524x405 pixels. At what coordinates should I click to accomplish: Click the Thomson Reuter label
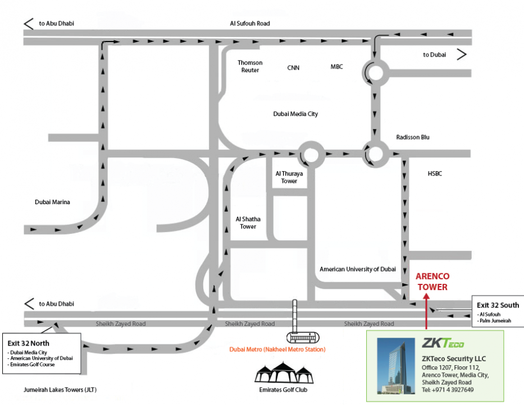click(250, 66)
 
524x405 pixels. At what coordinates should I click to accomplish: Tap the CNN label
click(293, 67)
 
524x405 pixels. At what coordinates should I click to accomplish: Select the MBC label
click(336, 67)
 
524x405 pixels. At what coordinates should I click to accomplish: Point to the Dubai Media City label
click(295, 114)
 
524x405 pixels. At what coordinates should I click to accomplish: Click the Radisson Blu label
click(413, 137)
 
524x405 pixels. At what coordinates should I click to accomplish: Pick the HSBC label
click(435, 174)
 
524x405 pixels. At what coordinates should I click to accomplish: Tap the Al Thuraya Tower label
click(289, 177)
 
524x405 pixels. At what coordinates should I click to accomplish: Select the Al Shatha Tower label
click(248, 222)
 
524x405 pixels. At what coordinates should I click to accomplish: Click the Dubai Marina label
click(52, 202)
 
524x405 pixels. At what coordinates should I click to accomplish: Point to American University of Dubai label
click(358, 269)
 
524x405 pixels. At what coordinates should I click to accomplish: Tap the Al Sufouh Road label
click(250, 24)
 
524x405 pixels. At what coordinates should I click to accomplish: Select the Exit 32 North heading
click(29, 343)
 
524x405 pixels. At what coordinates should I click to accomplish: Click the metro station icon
click(302, 337)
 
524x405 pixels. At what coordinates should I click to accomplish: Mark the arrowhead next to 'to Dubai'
click(462, 54)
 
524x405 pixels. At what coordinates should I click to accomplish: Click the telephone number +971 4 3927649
click(448, 390)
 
